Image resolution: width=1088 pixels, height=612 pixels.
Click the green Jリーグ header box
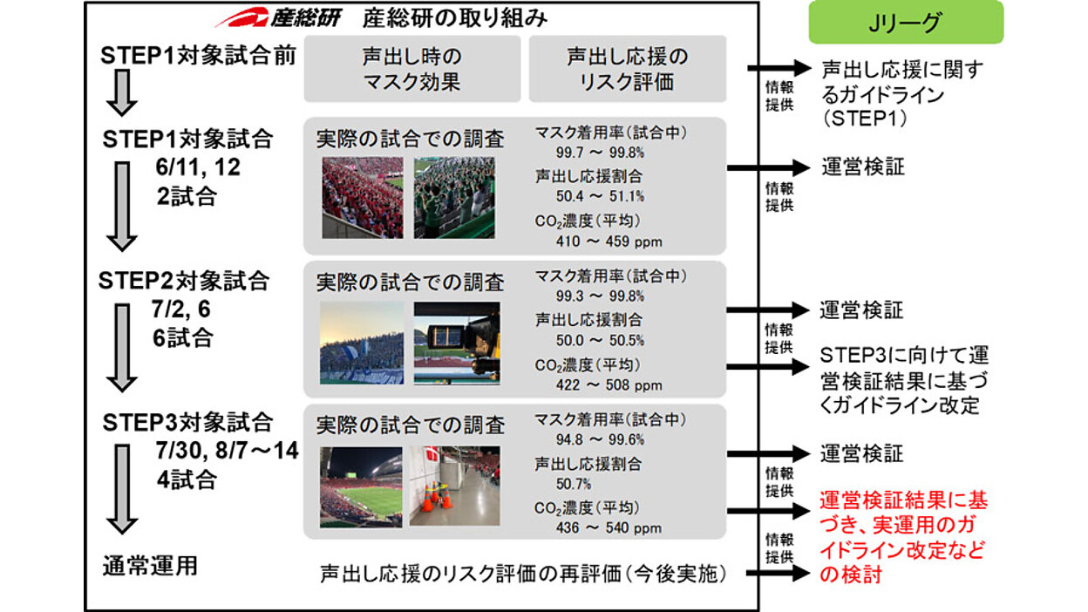coord(906,23)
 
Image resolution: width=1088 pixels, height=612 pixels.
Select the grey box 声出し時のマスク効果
coord(412,69)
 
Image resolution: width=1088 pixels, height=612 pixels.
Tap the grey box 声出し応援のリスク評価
coord(628,69)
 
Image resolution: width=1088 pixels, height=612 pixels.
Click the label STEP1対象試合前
coord(198,56)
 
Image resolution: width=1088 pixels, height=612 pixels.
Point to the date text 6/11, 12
coord(198,167)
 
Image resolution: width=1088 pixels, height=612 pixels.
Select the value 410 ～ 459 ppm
coord(609,241)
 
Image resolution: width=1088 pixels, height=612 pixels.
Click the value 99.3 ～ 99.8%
coord(601,296)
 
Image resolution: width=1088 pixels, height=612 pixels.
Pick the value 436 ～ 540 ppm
coord(609,528)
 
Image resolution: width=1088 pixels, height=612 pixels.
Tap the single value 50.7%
coord(574,484)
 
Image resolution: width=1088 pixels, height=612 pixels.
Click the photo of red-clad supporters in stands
coord(363,198)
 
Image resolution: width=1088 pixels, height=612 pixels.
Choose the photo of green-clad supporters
coord(454,198)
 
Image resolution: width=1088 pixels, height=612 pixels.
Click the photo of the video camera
coord(457,343)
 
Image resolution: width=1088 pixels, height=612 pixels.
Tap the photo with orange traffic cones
coord(454,486)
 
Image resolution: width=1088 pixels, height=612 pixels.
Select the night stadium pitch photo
coord(361,487)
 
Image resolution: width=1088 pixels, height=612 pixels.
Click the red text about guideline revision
coord(903,537)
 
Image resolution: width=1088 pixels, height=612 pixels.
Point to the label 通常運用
coord(150,566)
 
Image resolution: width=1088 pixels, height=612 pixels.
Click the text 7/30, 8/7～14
coord(227,451)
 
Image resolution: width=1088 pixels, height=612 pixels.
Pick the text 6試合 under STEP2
coord(183,338)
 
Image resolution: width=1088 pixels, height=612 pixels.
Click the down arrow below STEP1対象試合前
coord(122,92)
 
